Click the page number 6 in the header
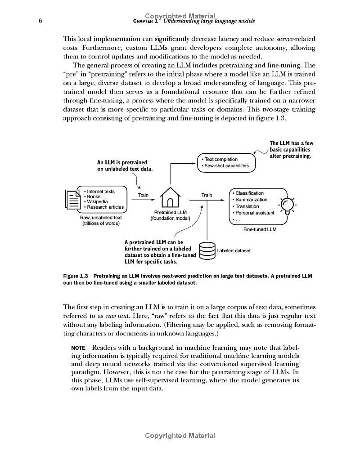click(x=40, y=21)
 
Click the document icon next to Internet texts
click(x=72, y=199)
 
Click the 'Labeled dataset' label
click(x=233, y=250)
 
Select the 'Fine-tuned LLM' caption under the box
click(x=260, y=229)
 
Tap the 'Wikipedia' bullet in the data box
click(x=97, y=202)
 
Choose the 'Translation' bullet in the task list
click(x=245, y=206)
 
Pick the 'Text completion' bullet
click(x=221, y=159)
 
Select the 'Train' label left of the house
click(x=143, y=195)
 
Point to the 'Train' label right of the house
click(x=207, y=195)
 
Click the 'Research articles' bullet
click(x=105, y=207)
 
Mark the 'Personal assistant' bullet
click(x=255, y=213)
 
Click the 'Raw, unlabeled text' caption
click(x=100, y=218)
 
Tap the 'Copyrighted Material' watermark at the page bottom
click(x=180, y=436)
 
